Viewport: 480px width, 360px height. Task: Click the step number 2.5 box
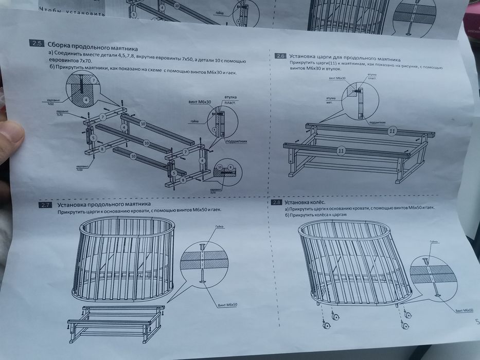[x=38, y=43]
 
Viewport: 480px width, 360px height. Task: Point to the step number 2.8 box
[x=276, y=202]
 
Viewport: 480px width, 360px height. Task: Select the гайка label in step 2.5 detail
[x=194, y=121]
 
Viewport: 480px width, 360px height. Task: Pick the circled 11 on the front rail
[x=340, y=151]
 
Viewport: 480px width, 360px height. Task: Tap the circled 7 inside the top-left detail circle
[x=93, y=80]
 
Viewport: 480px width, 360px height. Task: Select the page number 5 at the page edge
[x=476, y=322]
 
